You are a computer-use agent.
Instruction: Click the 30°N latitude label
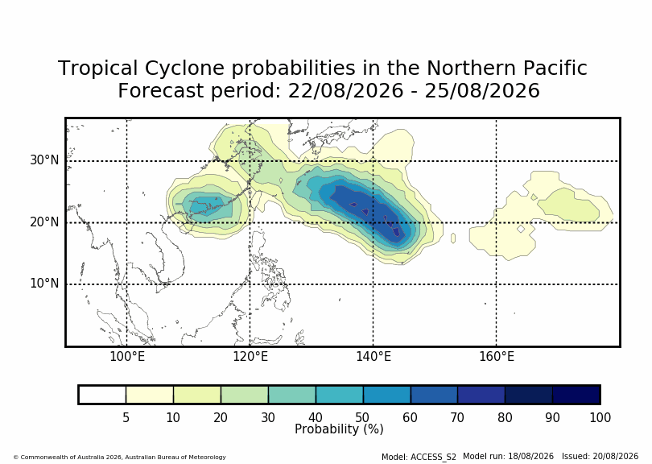point(44,160)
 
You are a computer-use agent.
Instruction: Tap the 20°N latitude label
point(44,222)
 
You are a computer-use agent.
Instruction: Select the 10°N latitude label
point(44,284)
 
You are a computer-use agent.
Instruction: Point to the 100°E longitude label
point(127,357)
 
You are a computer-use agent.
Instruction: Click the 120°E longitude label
point(250,357)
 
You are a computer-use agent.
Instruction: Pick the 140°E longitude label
point(373,357)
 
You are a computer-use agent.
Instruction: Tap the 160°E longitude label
point(497,357)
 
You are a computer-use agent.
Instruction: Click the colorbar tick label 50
point(362,417)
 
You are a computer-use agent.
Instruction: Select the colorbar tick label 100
point(600,417)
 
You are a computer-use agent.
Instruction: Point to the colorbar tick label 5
point(126,417)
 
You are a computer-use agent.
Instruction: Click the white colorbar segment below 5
point(102,395)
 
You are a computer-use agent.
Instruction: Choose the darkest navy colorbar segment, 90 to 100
point(576,395)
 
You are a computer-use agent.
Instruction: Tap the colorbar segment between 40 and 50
point(340,395)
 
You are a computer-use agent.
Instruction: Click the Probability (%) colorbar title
point(339,429)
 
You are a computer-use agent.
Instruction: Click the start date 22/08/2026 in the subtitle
point(345,91)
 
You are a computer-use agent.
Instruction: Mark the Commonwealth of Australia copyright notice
point(120,458)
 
